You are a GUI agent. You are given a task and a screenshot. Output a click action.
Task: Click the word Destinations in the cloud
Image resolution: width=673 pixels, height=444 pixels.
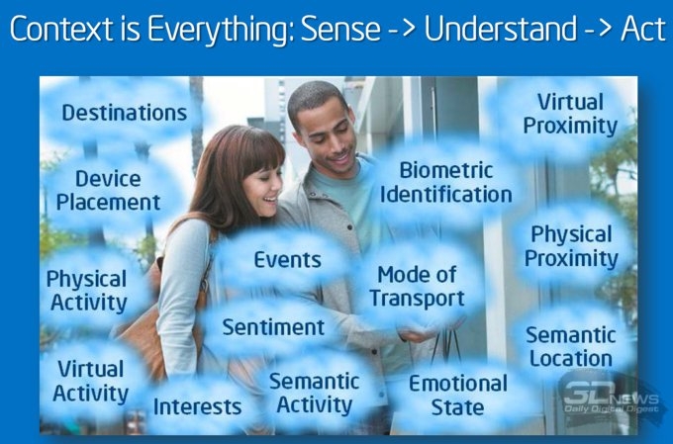[x=125, y=113]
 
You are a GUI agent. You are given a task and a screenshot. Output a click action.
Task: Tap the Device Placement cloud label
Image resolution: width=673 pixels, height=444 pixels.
[x=108, y=191]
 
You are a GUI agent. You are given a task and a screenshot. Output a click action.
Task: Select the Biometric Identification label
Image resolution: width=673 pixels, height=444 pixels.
[x=446, y=182]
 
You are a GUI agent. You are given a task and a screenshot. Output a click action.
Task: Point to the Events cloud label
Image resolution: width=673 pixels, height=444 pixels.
[x=287, y=260]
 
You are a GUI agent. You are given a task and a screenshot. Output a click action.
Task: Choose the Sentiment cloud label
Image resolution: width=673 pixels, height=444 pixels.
[x=273, y=327]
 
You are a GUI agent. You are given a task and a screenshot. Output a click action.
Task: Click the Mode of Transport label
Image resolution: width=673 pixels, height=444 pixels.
[x=418, y=287]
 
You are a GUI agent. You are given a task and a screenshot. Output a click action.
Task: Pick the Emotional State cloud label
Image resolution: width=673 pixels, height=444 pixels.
[x=458, y=396]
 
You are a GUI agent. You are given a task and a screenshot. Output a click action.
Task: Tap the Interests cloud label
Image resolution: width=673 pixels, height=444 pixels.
[x=197, y=406]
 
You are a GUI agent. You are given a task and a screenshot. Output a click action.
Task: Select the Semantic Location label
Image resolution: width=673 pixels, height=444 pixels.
[x=571, y=347]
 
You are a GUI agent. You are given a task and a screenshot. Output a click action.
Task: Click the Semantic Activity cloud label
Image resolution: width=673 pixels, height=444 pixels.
[x=314, y=394]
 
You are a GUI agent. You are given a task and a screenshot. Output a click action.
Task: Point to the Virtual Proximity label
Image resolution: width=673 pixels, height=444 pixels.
[x=570, y=114]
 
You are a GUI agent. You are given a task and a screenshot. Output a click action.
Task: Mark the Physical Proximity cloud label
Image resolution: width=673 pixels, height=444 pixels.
[x=571, y=246]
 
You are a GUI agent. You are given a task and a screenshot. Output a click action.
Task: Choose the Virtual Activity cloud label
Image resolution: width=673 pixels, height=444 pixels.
[x=91, y=382]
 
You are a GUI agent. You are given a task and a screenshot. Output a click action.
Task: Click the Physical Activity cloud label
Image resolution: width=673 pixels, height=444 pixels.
[x=87, y=291]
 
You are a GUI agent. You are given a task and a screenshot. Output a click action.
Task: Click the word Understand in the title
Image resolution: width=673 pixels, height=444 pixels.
[x=501, y=29]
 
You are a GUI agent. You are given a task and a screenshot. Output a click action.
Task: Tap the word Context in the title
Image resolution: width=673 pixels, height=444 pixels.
[x=61, y=29]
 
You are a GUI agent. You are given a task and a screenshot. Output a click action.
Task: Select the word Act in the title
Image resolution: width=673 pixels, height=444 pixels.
[x=643, y=29]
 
